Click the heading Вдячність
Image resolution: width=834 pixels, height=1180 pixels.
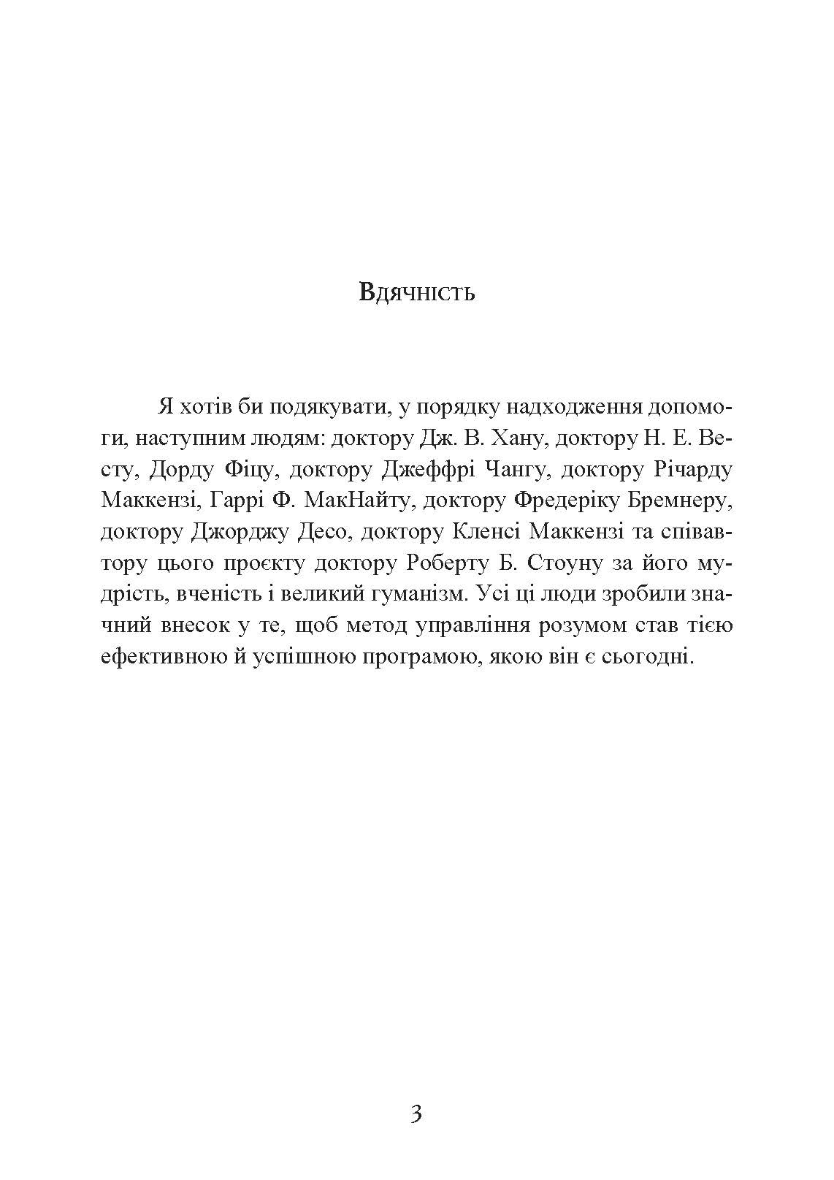(x=417, y=293)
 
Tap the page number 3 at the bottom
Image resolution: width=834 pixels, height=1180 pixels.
(x=416, y=1115)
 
